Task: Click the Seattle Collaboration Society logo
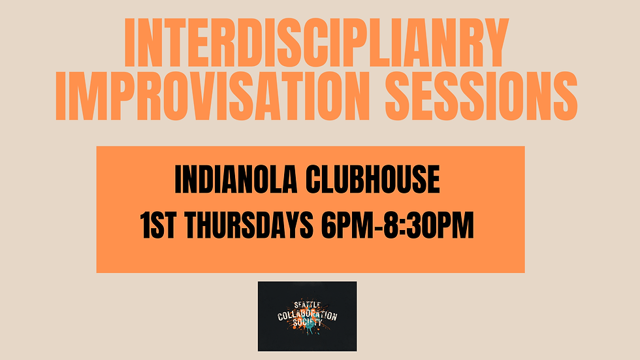pos(307,315)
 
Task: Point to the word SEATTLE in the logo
pos(307,305)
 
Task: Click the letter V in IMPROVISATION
pos(208,97)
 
